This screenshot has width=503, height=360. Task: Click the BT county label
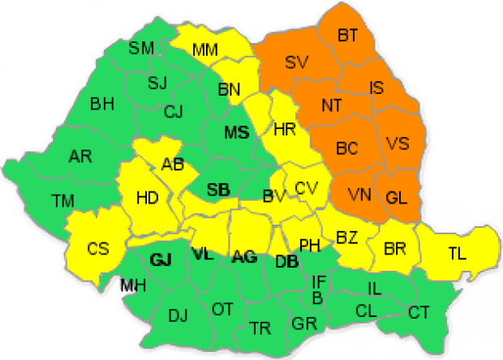(348, 35)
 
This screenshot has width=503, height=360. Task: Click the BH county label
(102, 103)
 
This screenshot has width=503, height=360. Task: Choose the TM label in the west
(62, 199)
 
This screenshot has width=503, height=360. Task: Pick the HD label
(147, 197)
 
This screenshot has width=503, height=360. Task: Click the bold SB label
(218, 190)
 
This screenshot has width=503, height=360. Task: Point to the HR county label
(285, 129)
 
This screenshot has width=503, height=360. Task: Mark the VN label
(359, 195)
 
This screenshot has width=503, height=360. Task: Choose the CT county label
(419, 311)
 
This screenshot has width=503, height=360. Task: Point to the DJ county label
(177, 315)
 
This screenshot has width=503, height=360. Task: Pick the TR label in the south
(260, 327)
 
